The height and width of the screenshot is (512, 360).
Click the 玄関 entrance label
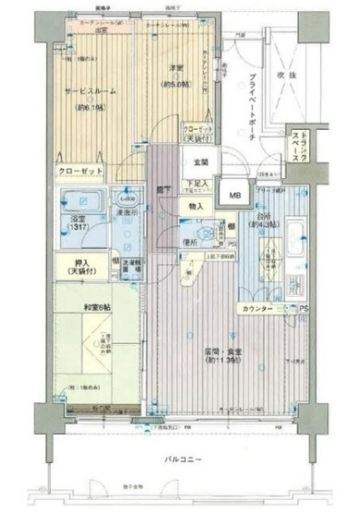pyautogui.click(x=200, y=164)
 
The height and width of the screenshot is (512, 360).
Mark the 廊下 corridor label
pyautogui.click(x=162, y=187)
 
